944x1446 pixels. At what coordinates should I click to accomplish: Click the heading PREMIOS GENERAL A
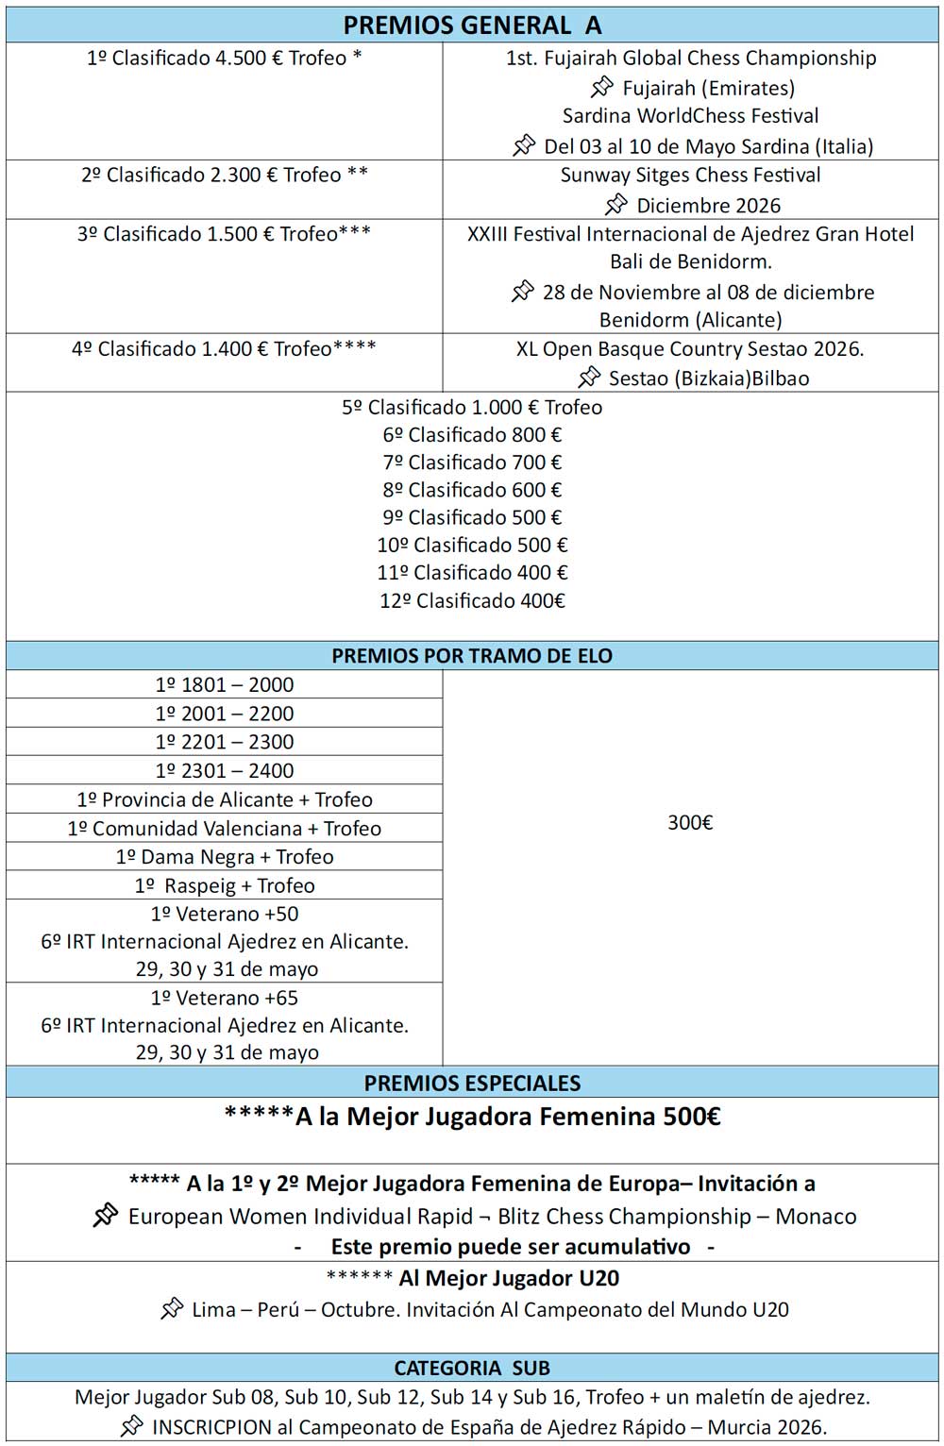point(472,25)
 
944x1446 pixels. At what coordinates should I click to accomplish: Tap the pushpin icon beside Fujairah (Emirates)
point(601,88)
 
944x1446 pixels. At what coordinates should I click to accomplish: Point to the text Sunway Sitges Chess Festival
point(690,175)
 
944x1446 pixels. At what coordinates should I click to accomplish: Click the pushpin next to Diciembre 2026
point(615,204)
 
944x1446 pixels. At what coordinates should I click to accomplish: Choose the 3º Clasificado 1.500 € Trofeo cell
point(224,234)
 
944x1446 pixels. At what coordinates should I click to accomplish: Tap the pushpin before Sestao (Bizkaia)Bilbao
point(588,378)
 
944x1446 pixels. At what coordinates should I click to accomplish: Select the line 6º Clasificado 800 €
point(472,435)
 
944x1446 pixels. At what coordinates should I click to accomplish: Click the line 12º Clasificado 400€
point(472,601)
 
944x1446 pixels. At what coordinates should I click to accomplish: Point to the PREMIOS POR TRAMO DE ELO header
point(472,656)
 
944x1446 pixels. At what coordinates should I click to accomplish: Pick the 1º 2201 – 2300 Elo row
point(225,742)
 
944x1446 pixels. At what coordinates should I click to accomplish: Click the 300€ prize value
point(690,823)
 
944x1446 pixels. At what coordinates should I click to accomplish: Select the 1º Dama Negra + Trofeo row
point(225,857)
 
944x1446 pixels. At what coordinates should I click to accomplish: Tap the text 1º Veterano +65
point(225,998)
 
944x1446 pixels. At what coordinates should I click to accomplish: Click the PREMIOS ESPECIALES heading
point(472,1083)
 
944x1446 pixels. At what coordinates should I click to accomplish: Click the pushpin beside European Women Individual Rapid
point(105,1215)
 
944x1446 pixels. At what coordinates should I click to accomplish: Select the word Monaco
point(816,1217)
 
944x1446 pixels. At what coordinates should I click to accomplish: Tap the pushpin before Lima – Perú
point(171,1309)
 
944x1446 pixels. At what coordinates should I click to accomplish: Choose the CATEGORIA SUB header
point(472,1368)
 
